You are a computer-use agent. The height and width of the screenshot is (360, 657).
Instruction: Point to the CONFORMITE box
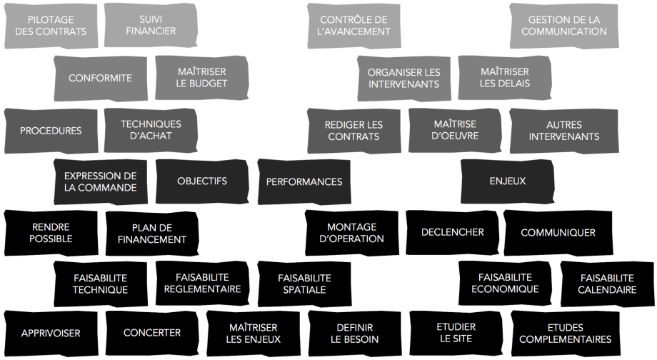click(x=100, y=78)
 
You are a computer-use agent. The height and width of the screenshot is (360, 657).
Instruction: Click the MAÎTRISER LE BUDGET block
click(x=202, y=78)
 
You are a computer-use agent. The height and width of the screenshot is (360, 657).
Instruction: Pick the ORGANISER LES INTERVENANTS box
click(x=403, y=78)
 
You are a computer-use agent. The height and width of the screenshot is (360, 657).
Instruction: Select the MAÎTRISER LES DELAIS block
click(x=504, y=78)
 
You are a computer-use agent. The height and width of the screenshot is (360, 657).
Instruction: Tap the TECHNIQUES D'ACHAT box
click(x=151, y=129)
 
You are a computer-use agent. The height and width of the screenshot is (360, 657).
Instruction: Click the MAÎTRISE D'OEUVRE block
click(x=454, y=129)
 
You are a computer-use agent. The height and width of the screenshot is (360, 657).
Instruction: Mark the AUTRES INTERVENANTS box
click(x=563, y=129)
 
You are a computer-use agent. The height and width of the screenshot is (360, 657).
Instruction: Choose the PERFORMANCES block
click(x=304, y=181)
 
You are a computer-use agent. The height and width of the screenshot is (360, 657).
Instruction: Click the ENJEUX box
click(x=507, y=181)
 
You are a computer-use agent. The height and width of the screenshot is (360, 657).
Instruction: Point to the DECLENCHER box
click(x=452, y=232)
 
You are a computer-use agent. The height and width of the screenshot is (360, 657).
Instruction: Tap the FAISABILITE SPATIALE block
click(x=304, y=284)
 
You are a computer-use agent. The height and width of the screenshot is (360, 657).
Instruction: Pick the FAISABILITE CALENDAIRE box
click(x=607, y=284)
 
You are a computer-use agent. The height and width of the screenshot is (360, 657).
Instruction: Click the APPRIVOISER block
click(x=50, y=333)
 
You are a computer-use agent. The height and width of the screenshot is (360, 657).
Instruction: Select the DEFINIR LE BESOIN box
click(x=353, y=334)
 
